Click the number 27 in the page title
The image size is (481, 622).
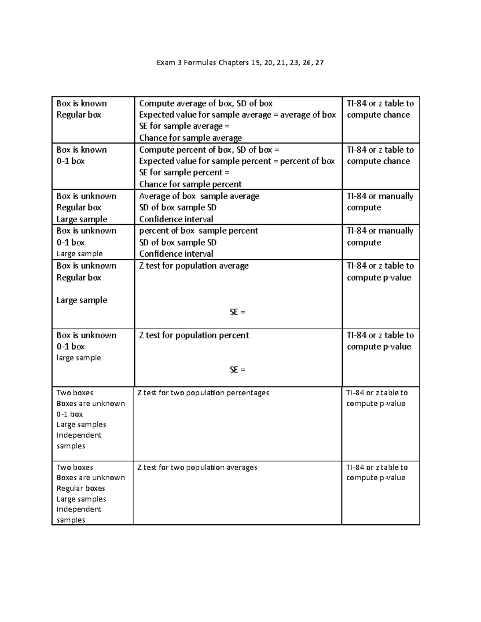pos(319,62)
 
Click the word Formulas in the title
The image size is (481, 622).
pos(199,62)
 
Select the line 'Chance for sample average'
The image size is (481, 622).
pos(190,138)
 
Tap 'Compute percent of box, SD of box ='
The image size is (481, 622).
pos(209,150)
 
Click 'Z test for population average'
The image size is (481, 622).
pos(194,266)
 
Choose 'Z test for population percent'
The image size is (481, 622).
pos(194,335)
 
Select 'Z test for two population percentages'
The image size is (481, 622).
pos(203,393)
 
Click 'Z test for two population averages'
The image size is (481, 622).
pos(197,467)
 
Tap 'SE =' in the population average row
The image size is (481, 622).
pos(237,312)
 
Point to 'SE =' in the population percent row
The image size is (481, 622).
pos(237,370)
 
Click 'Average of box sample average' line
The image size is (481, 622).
pos(199,196)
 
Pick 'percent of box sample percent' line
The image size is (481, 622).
pos(198,231)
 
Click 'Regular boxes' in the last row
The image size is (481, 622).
pos(81,488)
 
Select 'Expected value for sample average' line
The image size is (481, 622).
pos(237,115)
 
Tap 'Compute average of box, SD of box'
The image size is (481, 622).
pos(206,103)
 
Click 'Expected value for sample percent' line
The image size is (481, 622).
pos(237,161)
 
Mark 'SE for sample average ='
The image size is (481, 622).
pos(184,126)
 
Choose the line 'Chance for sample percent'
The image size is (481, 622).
pos(190,184)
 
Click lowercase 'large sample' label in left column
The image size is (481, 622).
pos(79,358)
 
